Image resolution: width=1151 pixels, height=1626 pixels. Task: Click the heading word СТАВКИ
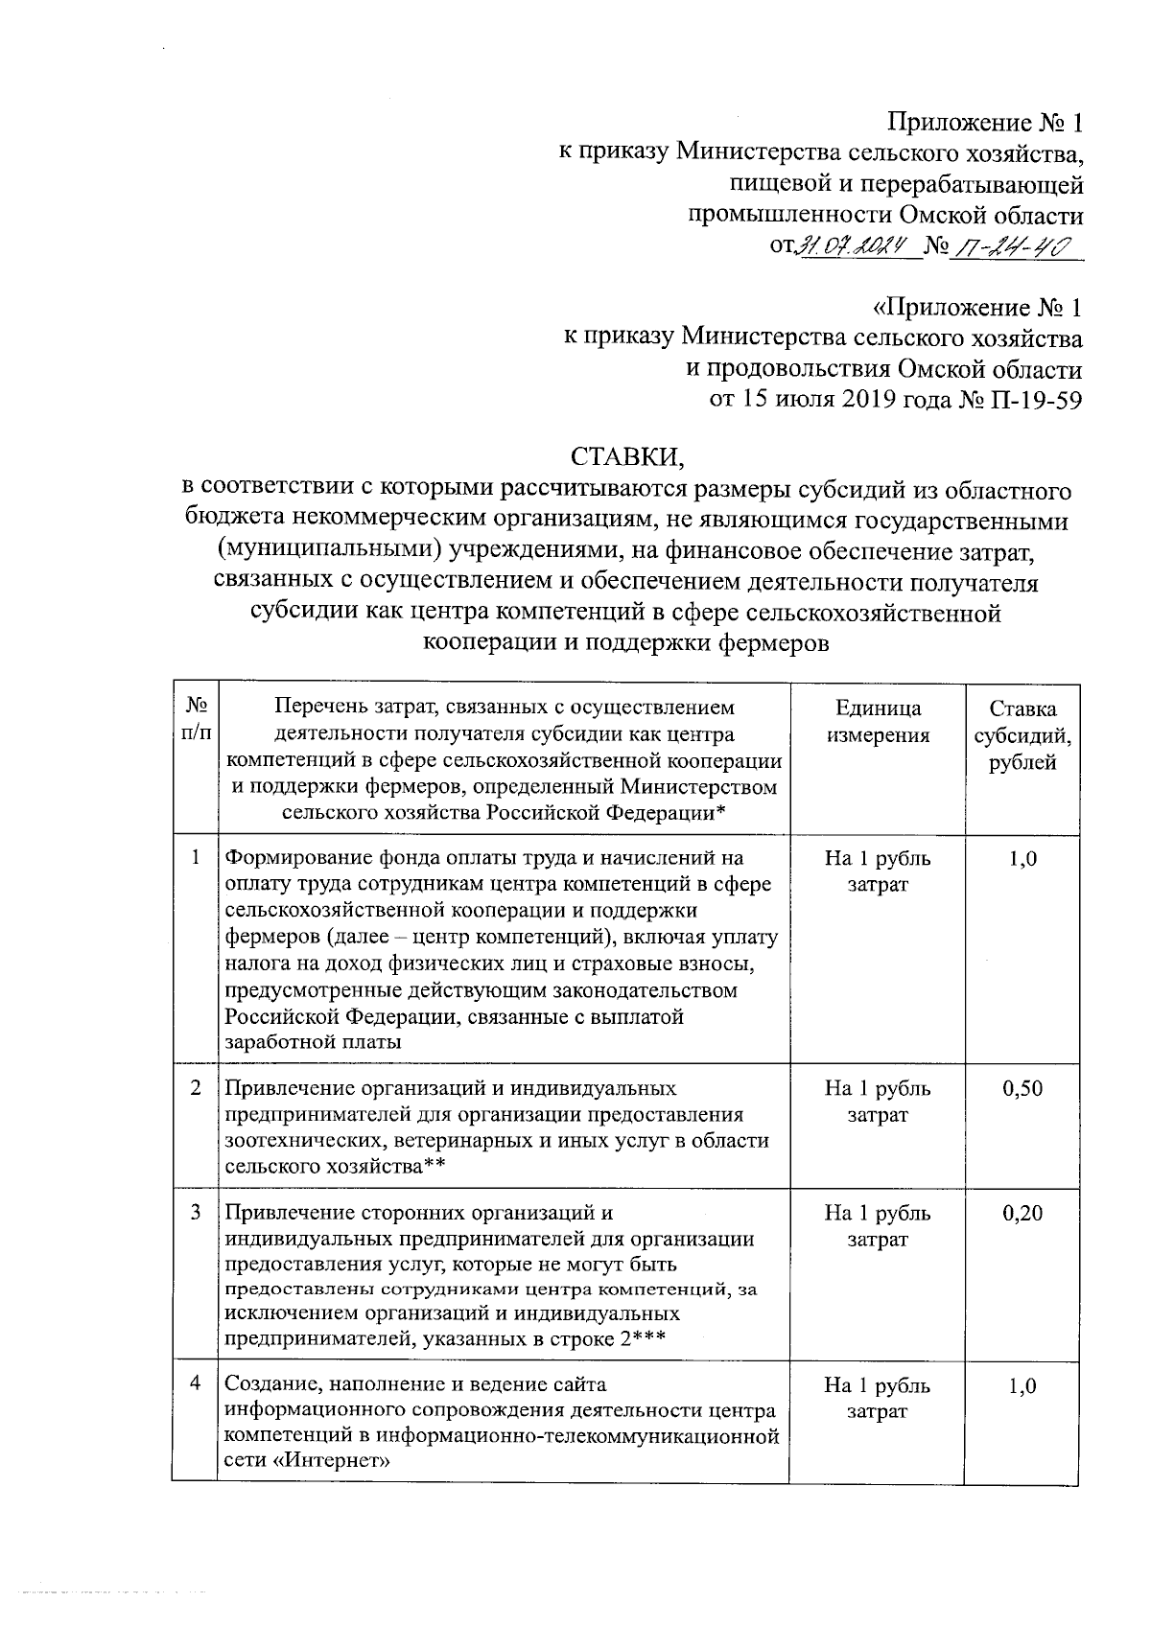[628, 454]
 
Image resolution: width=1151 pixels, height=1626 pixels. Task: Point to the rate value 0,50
[1022, 1088]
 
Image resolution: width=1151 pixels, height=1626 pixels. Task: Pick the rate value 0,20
[1022, 1213]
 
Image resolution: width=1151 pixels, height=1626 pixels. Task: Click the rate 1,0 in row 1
[1022, 858]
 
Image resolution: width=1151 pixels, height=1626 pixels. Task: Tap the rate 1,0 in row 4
[1022, 1385]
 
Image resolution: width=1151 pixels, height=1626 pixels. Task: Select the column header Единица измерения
[878, 722]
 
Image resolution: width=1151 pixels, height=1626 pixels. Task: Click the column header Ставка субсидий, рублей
[1022, 735]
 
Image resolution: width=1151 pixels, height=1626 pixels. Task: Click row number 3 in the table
[196, 1212]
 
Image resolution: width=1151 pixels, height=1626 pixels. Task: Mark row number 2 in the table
[196, 1087]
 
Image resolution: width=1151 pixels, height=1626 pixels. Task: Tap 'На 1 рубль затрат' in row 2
[878, 1102]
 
